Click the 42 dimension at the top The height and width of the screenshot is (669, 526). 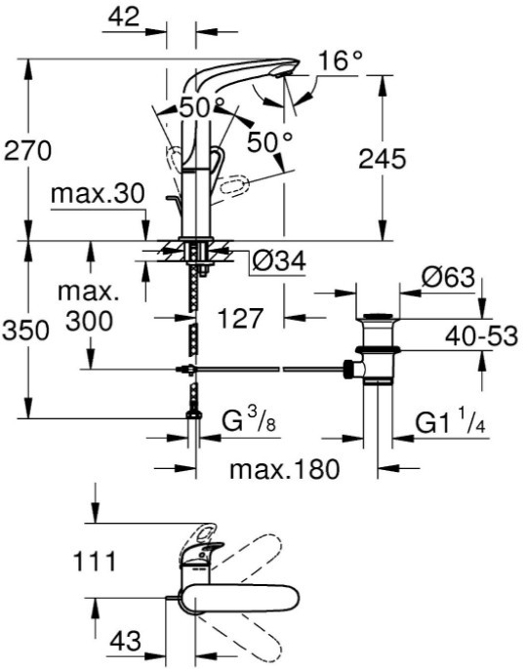coord(124,18)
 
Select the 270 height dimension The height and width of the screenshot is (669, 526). coord(27,150)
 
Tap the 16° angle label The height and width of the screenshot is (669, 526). coord(341,61)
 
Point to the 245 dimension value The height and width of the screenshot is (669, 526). coord(383,159)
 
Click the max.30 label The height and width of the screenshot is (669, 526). coord(98,195)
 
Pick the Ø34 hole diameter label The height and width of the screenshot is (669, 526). coord(279,261)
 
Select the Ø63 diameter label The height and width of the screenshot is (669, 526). coord(448,278)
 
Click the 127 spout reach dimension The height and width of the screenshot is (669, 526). coord(239,318)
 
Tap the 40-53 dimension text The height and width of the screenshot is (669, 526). coord(481,335)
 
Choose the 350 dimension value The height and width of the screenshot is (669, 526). coord(26,331)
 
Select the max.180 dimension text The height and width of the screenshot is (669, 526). coord(284,469)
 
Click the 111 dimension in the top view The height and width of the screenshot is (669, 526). coord(95,562)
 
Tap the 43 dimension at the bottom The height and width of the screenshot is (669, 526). coord(125,641)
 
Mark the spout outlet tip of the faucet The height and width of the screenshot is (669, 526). coord(283,75)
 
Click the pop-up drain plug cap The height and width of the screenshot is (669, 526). coord(378,316)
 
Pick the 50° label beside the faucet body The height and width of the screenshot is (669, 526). coord(270,141)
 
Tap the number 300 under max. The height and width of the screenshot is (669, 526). coord(89,321)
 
